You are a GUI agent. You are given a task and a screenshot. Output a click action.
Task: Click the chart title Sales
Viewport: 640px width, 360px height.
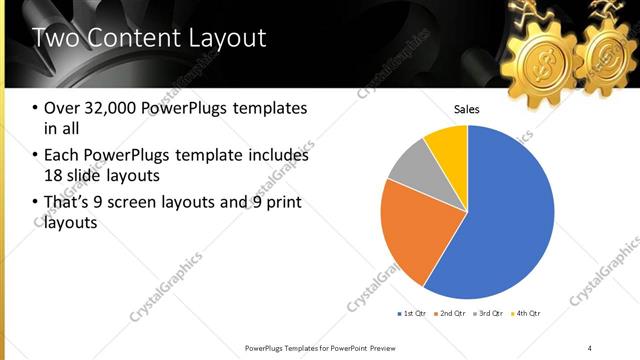pos(467,109)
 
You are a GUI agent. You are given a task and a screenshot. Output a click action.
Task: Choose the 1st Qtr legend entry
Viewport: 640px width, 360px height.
pos(411,313)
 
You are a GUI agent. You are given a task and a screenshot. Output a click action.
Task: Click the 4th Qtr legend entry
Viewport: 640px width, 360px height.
pos(528,313)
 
